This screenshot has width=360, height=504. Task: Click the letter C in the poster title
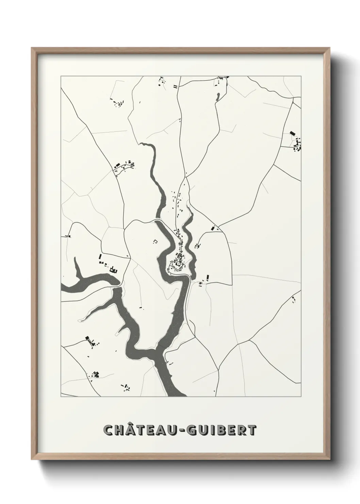[109, 430]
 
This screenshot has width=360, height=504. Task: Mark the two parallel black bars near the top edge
[176, 87]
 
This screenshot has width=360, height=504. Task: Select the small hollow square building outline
[156, 241]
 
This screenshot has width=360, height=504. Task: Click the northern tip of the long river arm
[142, 144]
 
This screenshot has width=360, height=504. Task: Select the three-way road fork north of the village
[186, 176]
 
